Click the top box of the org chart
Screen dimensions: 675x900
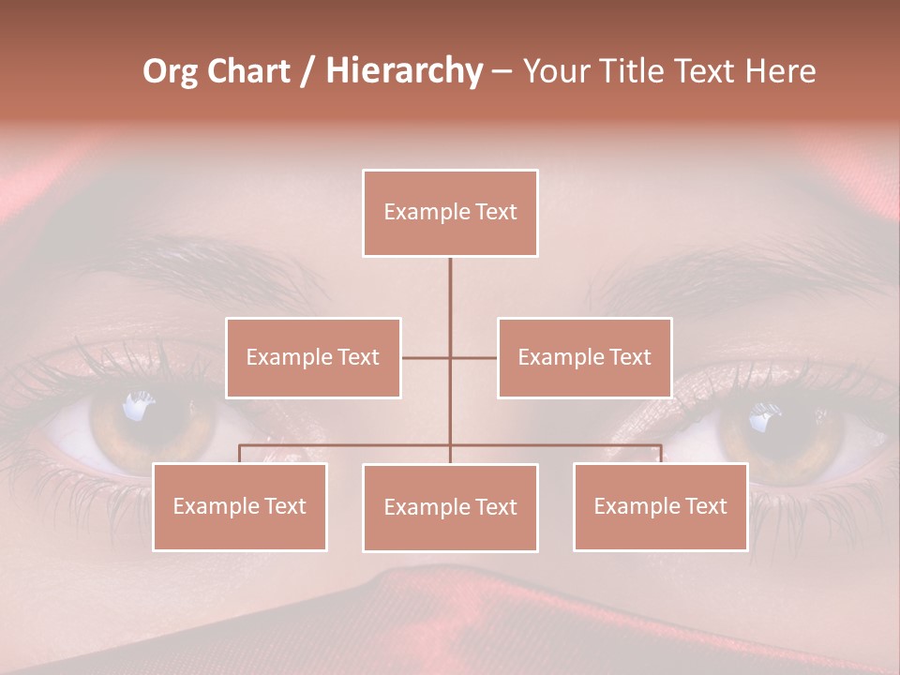point(450,213)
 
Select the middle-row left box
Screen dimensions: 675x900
point(313,357)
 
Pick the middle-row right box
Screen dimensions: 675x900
point(584,357)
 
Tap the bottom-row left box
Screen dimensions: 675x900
point(239,506)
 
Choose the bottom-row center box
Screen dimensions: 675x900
point(450,507)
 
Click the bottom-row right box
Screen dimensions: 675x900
point(660,506)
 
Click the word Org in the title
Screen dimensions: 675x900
point(170,72)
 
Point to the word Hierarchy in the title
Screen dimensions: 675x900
point(403,72)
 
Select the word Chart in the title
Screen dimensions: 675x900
point(248,72)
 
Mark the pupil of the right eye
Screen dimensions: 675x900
point(769,422)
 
